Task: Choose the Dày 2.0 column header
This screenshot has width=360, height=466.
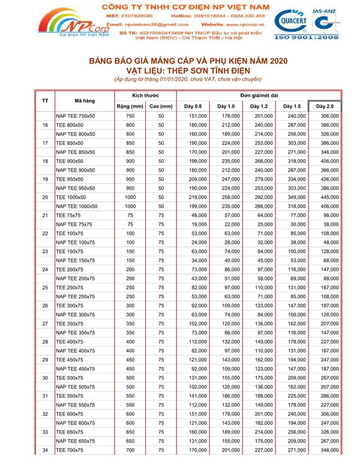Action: (325, 106)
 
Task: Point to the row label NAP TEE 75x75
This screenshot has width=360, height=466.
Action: (74, 223)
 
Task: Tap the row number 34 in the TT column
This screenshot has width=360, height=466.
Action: (46, 449)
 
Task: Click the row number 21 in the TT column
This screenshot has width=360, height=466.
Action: (46, 214)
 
